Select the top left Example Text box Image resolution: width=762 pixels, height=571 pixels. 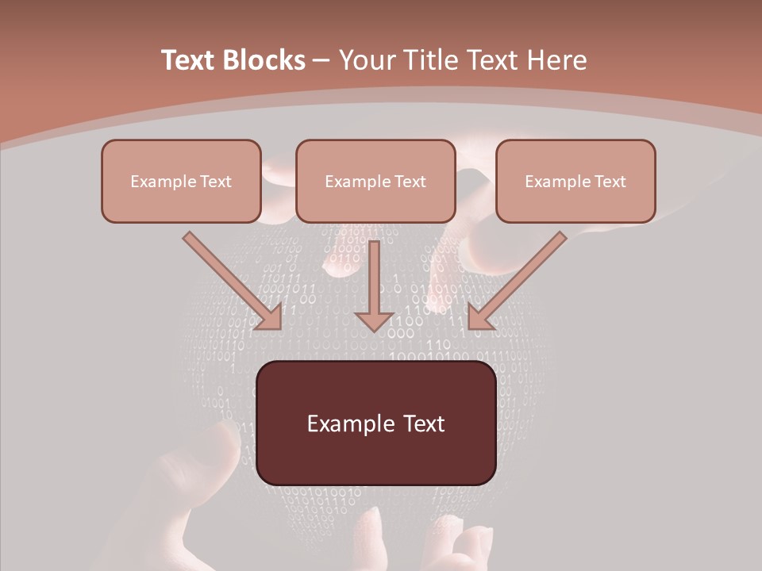pyautogui.click(x=181, y=181)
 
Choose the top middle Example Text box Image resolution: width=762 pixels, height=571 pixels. pyautogui.click(x=375, y=181)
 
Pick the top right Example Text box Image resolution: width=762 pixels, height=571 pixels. pyautogui.click(x=575, y=181)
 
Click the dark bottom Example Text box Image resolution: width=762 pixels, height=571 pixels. pyautogui.click(x=375, y=423)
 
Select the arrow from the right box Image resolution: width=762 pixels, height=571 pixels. pyautogui.click(x=520, y=278)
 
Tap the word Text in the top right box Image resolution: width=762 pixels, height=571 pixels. pyautogui.click(x=610, y=182)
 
